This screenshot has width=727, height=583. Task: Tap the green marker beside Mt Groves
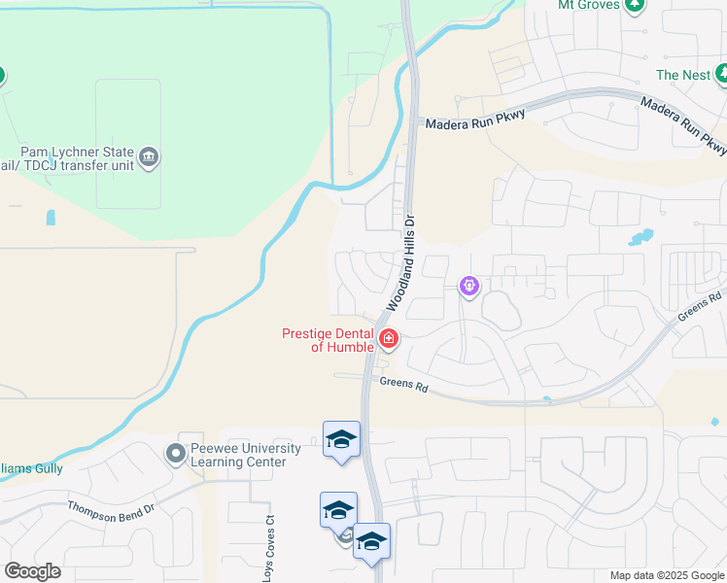pos(634,5)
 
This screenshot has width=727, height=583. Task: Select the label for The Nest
pos(682,75)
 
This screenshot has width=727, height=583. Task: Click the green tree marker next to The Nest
pos(721,73)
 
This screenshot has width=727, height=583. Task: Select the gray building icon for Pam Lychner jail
pos(149,156)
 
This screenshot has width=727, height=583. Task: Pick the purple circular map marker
pos(469,286)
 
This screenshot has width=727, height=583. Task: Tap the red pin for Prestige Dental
pos(389,339)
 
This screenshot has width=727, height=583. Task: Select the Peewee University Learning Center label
pos(238,455)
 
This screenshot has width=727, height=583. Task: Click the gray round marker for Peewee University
pos(176,454)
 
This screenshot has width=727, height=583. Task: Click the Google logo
pos(32,571)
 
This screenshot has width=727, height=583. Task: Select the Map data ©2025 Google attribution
pos(667,575)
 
